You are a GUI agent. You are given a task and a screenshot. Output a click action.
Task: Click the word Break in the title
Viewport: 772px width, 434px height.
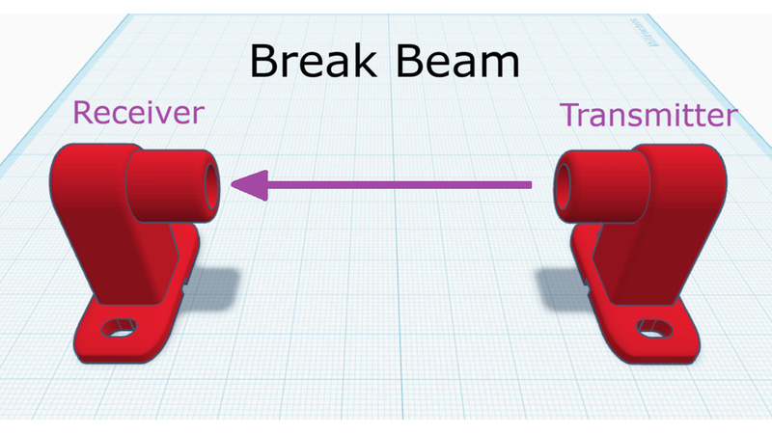[313, 61]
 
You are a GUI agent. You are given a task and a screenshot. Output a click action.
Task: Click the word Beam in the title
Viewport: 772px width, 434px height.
[457, 61]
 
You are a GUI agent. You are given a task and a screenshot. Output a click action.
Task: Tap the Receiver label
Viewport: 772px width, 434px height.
[138, 113]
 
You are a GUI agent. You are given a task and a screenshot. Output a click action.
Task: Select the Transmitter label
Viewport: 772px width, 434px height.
[648, 115]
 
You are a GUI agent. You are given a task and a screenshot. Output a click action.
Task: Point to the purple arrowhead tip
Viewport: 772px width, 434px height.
[232, 185]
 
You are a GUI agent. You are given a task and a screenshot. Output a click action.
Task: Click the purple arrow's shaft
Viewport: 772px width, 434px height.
[400, 185]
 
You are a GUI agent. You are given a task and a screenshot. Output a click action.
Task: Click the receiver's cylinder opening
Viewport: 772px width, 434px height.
[211, 186]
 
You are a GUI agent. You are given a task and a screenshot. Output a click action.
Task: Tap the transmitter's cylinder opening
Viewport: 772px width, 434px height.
[563, 187]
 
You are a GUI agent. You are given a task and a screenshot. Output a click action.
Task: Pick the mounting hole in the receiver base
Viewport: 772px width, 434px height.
[119, 328]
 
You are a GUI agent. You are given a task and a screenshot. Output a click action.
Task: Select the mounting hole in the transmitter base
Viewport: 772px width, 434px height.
[655, 329]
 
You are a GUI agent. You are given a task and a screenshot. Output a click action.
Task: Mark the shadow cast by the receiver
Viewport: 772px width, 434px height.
[209, 287]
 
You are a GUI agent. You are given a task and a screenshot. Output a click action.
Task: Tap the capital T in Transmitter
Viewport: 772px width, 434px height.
[571, 114]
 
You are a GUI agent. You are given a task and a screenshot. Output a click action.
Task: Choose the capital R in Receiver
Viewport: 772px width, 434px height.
[83, 112]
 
